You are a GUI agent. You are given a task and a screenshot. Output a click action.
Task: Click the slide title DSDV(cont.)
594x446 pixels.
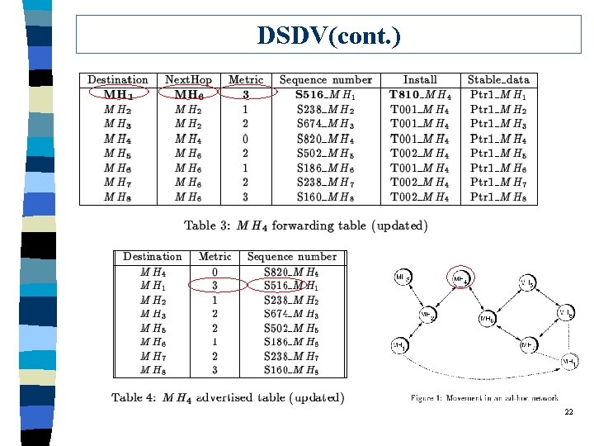329,36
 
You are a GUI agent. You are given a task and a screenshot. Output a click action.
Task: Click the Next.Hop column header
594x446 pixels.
188,80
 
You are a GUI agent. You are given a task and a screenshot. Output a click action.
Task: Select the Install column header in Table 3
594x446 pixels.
420,80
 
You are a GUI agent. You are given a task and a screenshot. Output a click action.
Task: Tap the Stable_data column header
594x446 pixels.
499,80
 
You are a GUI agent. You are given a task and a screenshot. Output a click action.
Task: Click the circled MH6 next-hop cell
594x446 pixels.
188,94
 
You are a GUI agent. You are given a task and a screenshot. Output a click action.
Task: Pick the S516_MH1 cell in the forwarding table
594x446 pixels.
325,94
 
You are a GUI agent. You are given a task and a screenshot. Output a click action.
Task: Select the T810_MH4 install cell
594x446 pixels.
420,94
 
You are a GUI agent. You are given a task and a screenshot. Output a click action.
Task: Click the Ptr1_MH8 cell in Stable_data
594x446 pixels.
499,197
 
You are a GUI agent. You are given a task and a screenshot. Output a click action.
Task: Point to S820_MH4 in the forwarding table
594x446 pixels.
325,138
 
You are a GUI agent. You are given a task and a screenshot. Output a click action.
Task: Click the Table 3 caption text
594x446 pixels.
305,225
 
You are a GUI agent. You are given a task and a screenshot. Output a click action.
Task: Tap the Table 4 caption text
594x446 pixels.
228,398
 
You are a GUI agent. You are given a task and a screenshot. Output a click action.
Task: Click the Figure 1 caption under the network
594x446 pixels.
484,399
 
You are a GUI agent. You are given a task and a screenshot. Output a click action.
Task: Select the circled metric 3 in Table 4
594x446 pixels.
214,286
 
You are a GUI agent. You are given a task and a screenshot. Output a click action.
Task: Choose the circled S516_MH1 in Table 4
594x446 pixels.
291,286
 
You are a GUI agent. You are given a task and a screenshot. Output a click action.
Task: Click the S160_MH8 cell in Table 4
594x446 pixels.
291,370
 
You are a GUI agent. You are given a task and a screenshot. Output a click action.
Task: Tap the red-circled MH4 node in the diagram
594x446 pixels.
460,279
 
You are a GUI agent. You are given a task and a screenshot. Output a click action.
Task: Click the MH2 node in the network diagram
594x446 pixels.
427,315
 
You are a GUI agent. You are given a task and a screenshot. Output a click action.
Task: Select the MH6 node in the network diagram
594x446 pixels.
487,318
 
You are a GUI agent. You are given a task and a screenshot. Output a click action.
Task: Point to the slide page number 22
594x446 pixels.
568,412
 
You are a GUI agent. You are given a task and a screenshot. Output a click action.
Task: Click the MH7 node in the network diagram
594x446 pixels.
530,344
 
